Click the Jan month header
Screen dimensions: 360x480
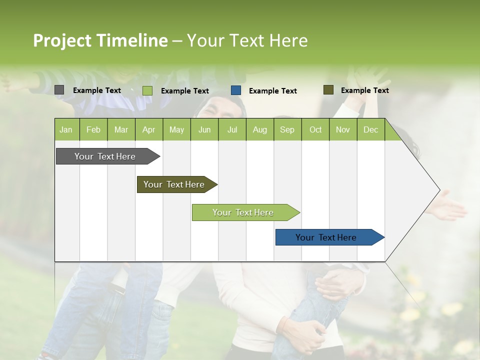click(66, 129)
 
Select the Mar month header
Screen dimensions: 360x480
click(121, 129)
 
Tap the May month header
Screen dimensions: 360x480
click(176, 129)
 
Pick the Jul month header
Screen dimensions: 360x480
click(232, 129)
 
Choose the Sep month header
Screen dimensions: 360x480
click(287, 129)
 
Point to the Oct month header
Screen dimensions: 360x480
click(315, 129)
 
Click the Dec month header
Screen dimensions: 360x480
click(370, 129)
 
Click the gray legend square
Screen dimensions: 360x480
click(59, 90)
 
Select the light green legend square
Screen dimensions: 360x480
click(147, 90)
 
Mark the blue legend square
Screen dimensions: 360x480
click(236, 90)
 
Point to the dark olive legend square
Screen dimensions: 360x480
click(328, 90)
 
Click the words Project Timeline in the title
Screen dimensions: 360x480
click(100, 40)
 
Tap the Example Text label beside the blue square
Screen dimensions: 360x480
click(272, 91)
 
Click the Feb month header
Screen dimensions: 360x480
click(93, 129)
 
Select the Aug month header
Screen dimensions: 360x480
click(259, 129)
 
